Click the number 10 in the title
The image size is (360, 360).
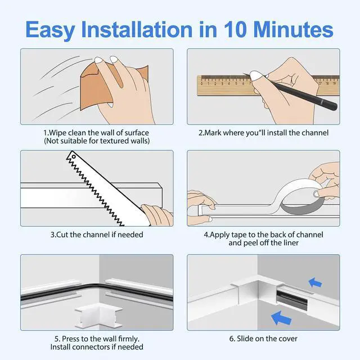point(235,29)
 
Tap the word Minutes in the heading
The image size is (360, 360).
point(294,29)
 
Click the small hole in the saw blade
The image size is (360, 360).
point(74,157)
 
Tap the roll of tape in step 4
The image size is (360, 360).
point(299,195)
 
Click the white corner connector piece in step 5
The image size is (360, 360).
point(99,315)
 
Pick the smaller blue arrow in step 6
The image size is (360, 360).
point(315,282)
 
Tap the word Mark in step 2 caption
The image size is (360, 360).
point(213,133)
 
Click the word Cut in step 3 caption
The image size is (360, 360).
point(62,235)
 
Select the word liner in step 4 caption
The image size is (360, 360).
point(291,242)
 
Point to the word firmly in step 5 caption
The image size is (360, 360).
point(129,339)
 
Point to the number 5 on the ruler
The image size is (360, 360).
point(236,84)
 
